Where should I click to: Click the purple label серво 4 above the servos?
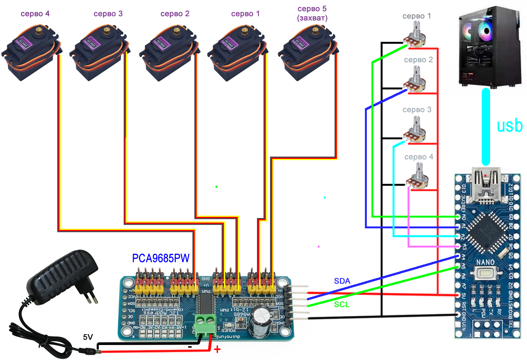(x=35, y=14)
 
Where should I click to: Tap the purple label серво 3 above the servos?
(x=108, y=14)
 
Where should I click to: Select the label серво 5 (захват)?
(x=312, y=13)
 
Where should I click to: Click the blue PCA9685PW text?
(x=161, y=258)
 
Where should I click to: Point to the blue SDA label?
(x=342, y=281)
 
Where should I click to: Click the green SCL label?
(x=341, y=304)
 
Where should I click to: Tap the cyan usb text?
(x=509, y=126)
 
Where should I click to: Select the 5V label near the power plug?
(x=88, y=337)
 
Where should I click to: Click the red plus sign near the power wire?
(x=217, y=349)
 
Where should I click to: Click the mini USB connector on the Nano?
(x=486, y=184)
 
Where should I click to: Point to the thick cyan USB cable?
(x=486, y=127)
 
